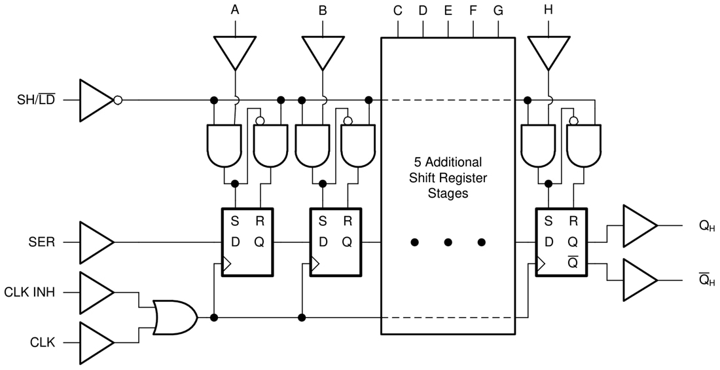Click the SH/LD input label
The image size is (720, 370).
(x=37, y=101)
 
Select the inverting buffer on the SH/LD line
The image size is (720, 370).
(x=97, y=100)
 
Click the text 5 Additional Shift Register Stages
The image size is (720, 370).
(x=448, y=177)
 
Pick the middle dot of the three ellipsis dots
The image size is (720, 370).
(x=448, y=242)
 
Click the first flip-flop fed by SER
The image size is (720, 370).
(x=247, y=242)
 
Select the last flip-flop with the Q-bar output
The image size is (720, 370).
(x=561, y=242)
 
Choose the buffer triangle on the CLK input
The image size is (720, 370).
(x=96, y=342)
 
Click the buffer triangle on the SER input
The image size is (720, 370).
(x=96, y=242)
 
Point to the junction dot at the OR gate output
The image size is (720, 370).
(x=214, y=318)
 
